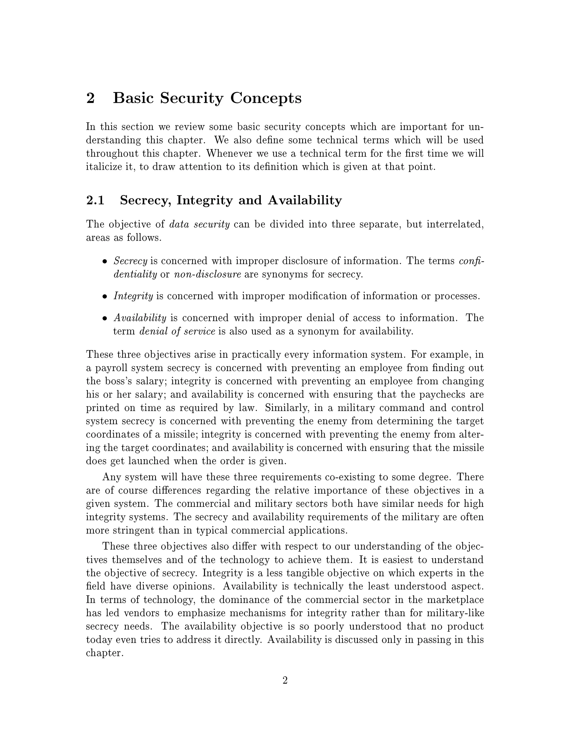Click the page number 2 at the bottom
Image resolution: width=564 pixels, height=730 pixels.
(x=285, y=680)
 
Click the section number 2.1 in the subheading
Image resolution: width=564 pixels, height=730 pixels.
(x=95, y=200)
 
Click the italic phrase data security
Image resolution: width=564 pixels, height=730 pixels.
(x=199, y=224)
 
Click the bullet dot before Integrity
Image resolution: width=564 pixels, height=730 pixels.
(x=105, y=296)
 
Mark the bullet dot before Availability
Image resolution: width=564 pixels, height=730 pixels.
(x=105, y=318)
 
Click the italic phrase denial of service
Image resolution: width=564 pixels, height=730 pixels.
(x=177, y=331)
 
